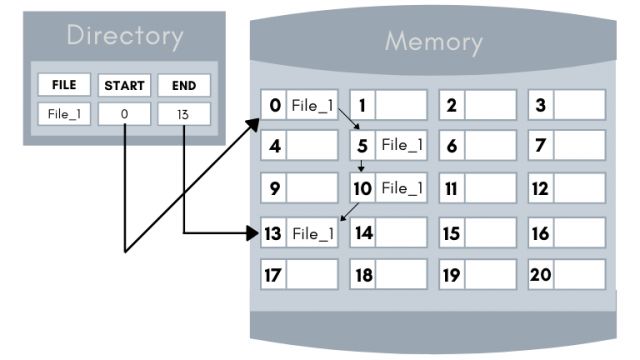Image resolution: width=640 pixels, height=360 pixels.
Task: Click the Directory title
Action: coord(124,37)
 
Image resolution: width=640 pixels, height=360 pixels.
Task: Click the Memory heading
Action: coord(433,43)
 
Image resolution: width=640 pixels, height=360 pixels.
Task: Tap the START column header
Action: coord(124,86)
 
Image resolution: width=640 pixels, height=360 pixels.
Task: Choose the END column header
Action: coord(183,86)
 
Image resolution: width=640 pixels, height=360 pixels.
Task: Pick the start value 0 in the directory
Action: coord(124,114)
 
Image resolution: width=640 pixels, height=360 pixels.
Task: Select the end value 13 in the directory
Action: coord(183,114)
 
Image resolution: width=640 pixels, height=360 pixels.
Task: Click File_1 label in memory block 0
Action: coord(312,104)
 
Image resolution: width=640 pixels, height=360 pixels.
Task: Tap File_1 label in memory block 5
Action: coord(402,146)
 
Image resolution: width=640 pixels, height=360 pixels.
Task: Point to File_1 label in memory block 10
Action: coord(402,188)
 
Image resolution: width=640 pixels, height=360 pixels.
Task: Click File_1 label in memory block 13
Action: coord(312,233)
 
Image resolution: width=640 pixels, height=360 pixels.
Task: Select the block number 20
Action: coord(541,274)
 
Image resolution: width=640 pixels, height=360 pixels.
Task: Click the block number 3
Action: coord(541,104)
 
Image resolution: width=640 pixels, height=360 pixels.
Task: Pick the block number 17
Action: coord(273,274)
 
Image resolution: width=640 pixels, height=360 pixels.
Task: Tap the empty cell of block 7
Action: coord(580,146)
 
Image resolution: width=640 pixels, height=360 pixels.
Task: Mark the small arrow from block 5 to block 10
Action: coord(360,166)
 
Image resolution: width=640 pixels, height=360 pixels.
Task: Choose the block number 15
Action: coord(451,233)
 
